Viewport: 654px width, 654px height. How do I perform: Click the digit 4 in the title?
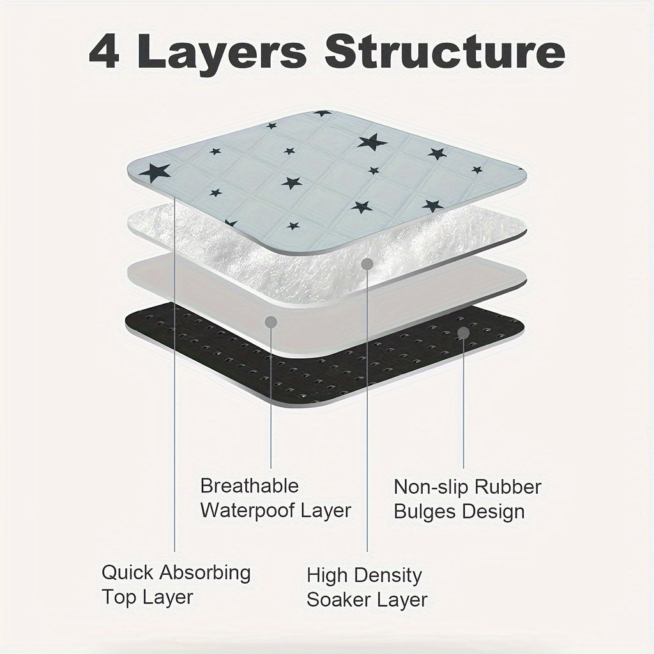pos(105,52)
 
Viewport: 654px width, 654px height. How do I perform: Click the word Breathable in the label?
pos(250,486)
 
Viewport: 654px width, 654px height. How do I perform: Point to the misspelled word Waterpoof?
pos(247,510)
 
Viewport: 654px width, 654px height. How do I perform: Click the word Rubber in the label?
pos(508,487)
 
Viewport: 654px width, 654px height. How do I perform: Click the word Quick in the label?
pos(128,572)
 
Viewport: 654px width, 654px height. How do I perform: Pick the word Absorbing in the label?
pos(205,574)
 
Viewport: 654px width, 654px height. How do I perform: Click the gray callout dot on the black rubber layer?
pos(464,333)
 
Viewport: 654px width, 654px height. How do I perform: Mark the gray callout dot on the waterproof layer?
pos(271,322)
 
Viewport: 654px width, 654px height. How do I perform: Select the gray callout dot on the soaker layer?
pos(367,264)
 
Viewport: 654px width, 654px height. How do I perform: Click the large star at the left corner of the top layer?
pos(155,172)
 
